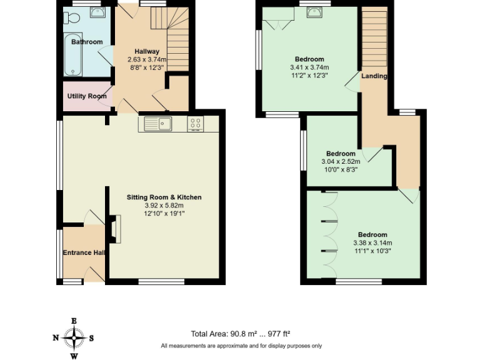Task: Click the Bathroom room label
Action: pyautogui.click(x=86, y=42)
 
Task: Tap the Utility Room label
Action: pyautogui.click(x=87, y=96)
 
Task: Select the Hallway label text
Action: pyautogui.click(x=147, y=51)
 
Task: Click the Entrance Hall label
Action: pyautogui.click(x=83, y=253)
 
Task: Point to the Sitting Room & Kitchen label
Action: pyautogui.click(x=164, y=197)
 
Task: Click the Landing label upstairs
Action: pyautogui.click(x=374, y=76)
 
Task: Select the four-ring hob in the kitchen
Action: pyautogui.click(x=195, y=124)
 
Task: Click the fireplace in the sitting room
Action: pyautogui.click(x=113, y=229)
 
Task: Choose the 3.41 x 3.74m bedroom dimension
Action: pyautogui.click(x=309, y=67)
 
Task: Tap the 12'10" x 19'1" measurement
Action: pyautogui.click(x=164, y=213)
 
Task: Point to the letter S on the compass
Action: pyautogui.click(x=91, y=338)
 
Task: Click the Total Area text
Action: pyautogui.click(x=241, y=333)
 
